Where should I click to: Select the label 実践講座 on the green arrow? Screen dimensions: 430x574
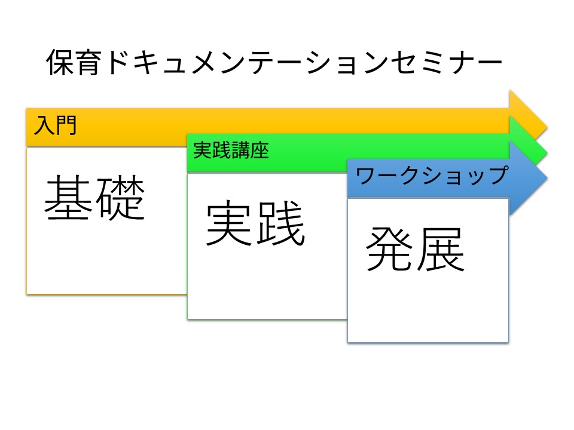(x=231, y=151)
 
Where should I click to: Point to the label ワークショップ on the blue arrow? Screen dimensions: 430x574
(x=431, y=176)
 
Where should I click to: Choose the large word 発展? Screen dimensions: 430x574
(x=416, y=249)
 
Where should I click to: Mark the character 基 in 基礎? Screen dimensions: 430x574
(x=69, y=198)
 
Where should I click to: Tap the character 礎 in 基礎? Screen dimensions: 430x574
(x=121, y=198)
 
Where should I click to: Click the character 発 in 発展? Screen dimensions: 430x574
(x=390, y=249)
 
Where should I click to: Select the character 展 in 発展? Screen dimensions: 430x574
(x=441, y=249)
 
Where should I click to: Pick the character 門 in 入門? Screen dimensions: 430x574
(x=66, y=126)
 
